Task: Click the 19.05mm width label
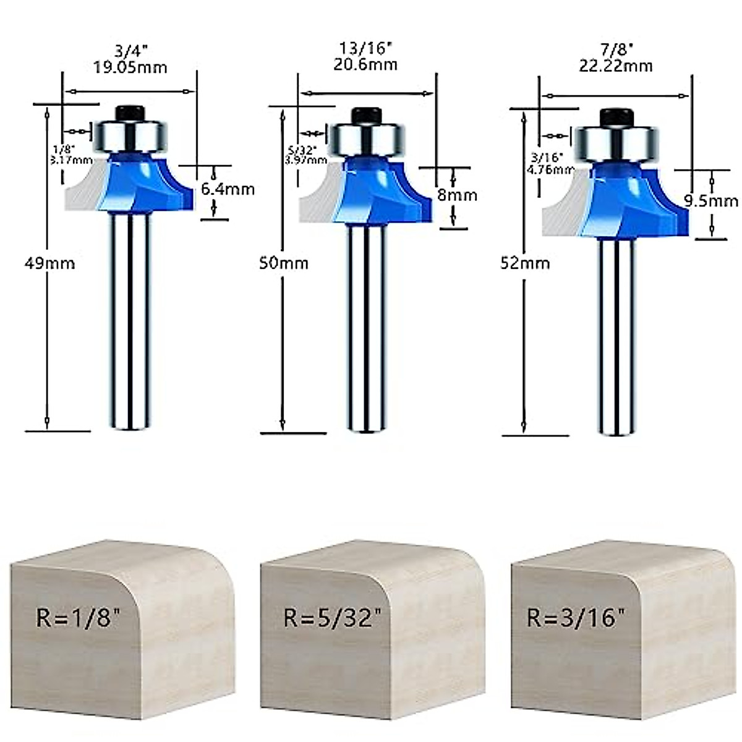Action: [x=130, y=67]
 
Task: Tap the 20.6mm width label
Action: [x=365, y=64]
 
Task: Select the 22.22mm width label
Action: [x=616, y=66]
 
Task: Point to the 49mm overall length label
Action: [x=49, y=263]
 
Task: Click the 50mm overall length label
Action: [x=284, y=263]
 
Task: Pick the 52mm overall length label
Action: [x=525, y=263]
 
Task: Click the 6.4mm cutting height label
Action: [x=228, y=189]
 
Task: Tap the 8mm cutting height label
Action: [x=458, y=195]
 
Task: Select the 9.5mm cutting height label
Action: [x=710, y=201]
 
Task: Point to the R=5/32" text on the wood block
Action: [x=329, y=617]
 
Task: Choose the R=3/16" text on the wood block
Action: [x=576, y=617]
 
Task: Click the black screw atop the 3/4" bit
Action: [x=130, y=113]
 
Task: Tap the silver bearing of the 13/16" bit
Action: [x=366, y=140]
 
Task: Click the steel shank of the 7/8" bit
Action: [x=616, y=334]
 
